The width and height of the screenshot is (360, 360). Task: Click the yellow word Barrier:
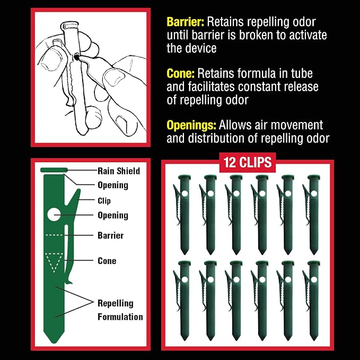click(185, 22)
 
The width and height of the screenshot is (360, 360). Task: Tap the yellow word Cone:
click(180, 74)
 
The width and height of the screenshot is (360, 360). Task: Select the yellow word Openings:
click(191, 125)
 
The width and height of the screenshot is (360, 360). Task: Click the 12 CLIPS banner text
click(248, 162)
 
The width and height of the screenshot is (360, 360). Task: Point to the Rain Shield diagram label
click(119, 171)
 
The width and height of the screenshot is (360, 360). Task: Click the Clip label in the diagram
click(104, 200)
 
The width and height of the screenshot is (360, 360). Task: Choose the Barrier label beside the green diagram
click(111, 235)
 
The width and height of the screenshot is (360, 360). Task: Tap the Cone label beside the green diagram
click(107, 261)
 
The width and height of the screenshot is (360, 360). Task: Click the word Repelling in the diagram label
click(116, 303)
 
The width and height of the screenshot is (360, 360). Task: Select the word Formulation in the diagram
click(120, 317)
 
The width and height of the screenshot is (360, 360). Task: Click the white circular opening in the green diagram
click(54, 215)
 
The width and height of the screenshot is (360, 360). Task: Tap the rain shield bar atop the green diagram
click(54, 170)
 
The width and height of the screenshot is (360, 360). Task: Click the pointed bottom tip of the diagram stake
click(54, 343)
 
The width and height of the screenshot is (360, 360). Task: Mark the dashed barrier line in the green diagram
click(54, 235)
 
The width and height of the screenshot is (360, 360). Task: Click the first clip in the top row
click(182, 215)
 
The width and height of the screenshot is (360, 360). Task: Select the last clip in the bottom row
click(312, 301)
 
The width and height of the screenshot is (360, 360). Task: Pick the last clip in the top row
click(312, 215)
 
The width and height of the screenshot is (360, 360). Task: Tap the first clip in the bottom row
click(182, 301)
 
